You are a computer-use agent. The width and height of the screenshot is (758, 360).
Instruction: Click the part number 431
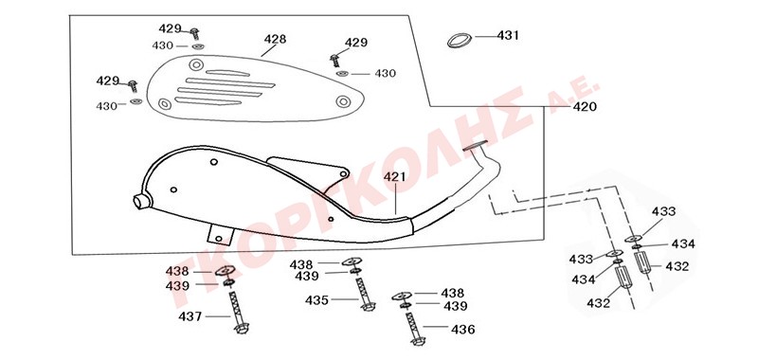[508, 36]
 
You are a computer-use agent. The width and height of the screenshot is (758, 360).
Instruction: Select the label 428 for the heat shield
[275, 39]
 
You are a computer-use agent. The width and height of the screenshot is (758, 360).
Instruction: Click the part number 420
[585, 107]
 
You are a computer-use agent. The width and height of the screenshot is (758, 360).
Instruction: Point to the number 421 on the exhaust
[395, 177]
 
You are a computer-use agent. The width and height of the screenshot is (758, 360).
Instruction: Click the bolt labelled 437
[238, 313]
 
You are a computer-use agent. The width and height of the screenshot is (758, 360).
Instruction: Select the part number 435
[316, 300]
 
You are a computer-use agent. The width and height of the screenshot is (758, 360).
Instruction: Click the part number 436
[463, 330]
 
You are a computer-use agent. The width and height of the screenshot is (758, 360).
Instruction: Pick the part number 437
[190, 317]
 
